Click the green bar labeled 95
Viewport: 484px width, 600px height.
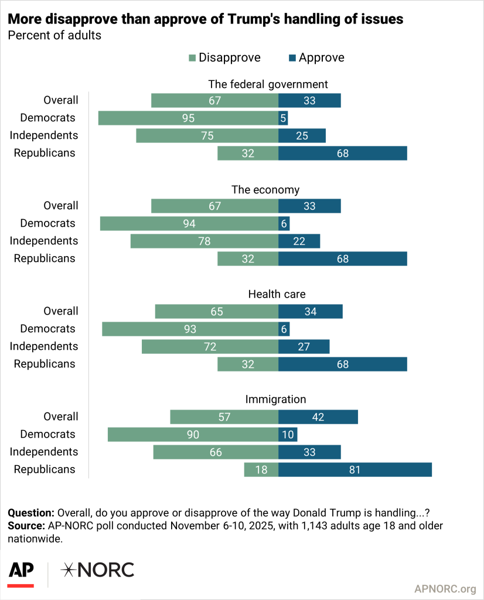[188, 118]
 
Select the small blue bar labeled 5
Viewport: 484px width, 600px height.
[283, 118]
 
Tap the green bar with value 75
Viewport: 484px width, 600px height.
[207, 136]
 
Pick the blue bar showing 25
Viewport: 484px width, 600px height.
[302, 136]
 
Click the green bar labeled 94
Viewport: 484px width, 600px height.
[189, 224]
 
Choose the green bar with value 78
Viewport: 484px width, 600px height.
[204, 241]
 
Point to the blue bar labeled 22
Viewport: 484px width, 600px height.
[299, 241]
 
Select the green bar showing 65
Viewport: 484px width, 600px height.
[216, 312]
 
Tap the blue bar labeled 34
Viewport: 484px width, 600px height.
[311, 312]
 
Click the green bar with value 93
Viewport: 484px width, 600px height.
[190, 329]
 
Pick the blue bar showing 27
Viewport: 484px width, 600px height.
[304, 347]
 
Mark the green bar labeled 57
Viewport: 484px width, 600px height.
[224, 417]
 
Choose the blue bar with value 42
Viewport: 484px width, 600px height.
[318, 417]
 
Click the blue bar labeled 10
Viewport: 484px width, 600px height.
[288, 435]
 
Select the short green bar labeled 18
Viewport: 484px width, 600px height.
[261, 470]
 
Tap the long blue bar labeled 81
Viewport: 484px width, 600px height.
[355, 470]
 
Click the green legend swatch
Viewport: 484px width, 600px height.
[192, 58]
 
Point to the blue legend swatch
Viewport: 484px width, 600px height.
[292, 58]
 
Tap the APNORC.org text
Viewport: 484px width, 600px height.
[445, 589]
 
